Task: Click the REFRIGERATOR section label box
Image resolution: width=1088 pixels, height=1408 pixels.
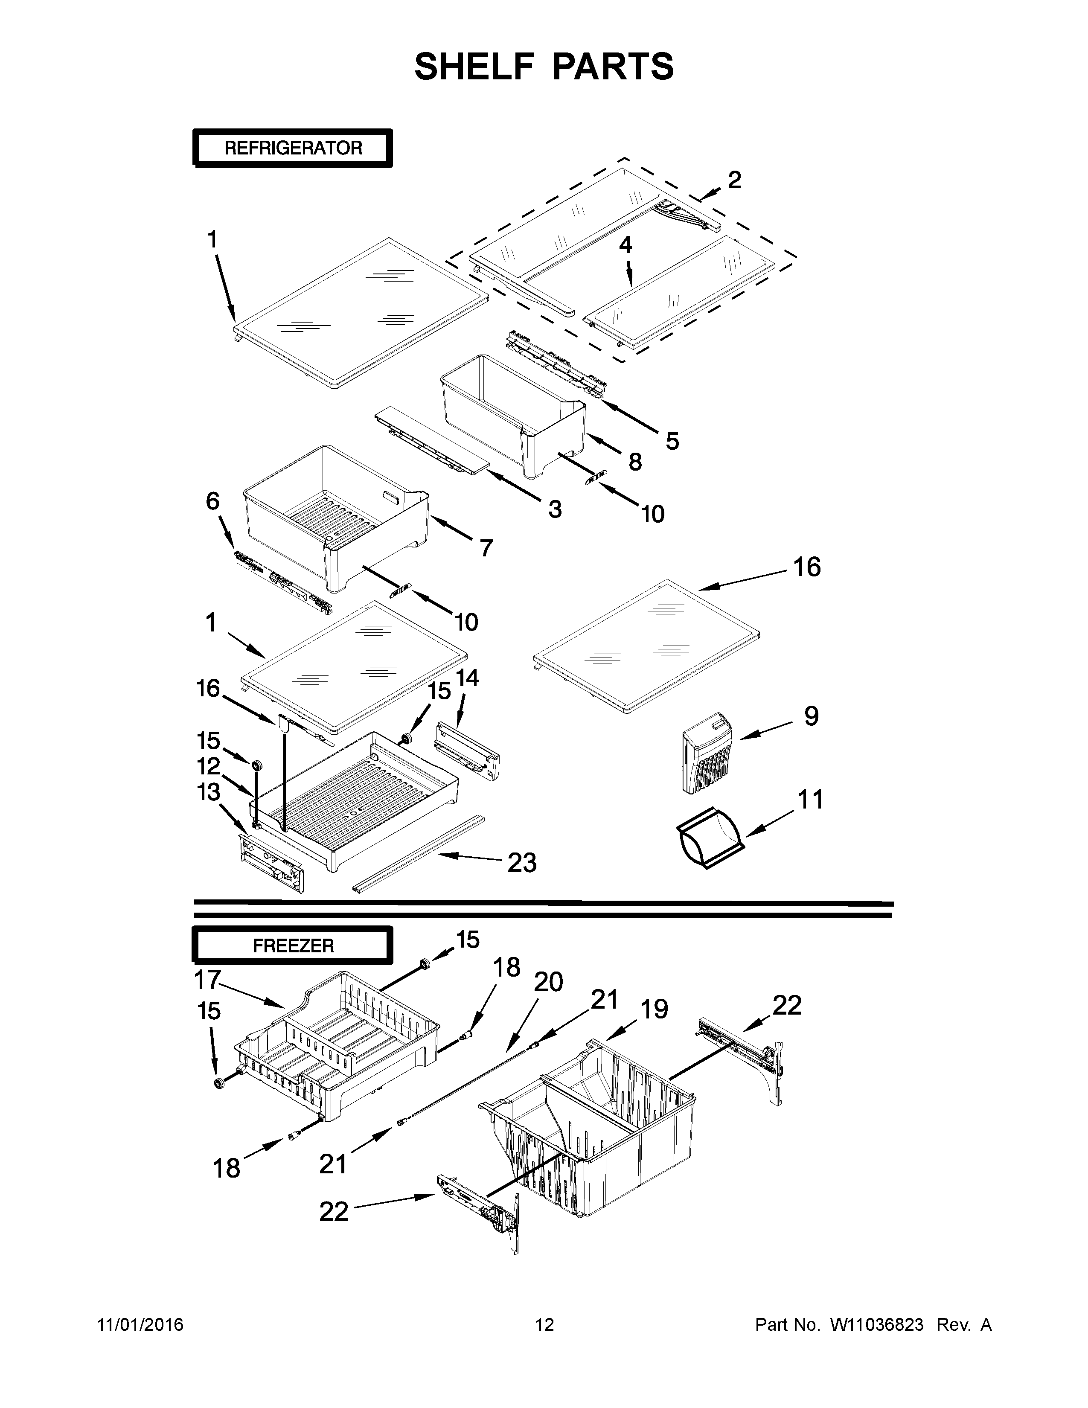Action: click(x=293, y=148)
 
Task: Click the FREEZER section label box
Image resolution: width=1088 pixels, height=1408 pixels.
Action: click(x=293, y=946)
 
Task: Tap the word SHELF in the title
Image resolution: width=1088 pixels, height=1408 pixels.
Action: click(x=473, y=67)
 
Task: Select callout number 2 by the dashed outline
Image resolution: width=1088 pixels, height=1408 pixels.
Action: click(x=734, y=180)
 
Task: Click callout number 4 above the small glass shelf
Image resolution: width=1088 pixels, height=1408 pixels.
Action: click(x=625, y=244)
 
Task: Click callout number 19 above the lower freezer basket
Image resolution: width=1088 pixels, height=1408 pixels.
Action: click(x=654, y=1009)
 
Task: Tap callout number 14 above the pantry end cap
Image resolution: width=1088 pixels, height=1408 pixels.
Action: click(x=468, y=678)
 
